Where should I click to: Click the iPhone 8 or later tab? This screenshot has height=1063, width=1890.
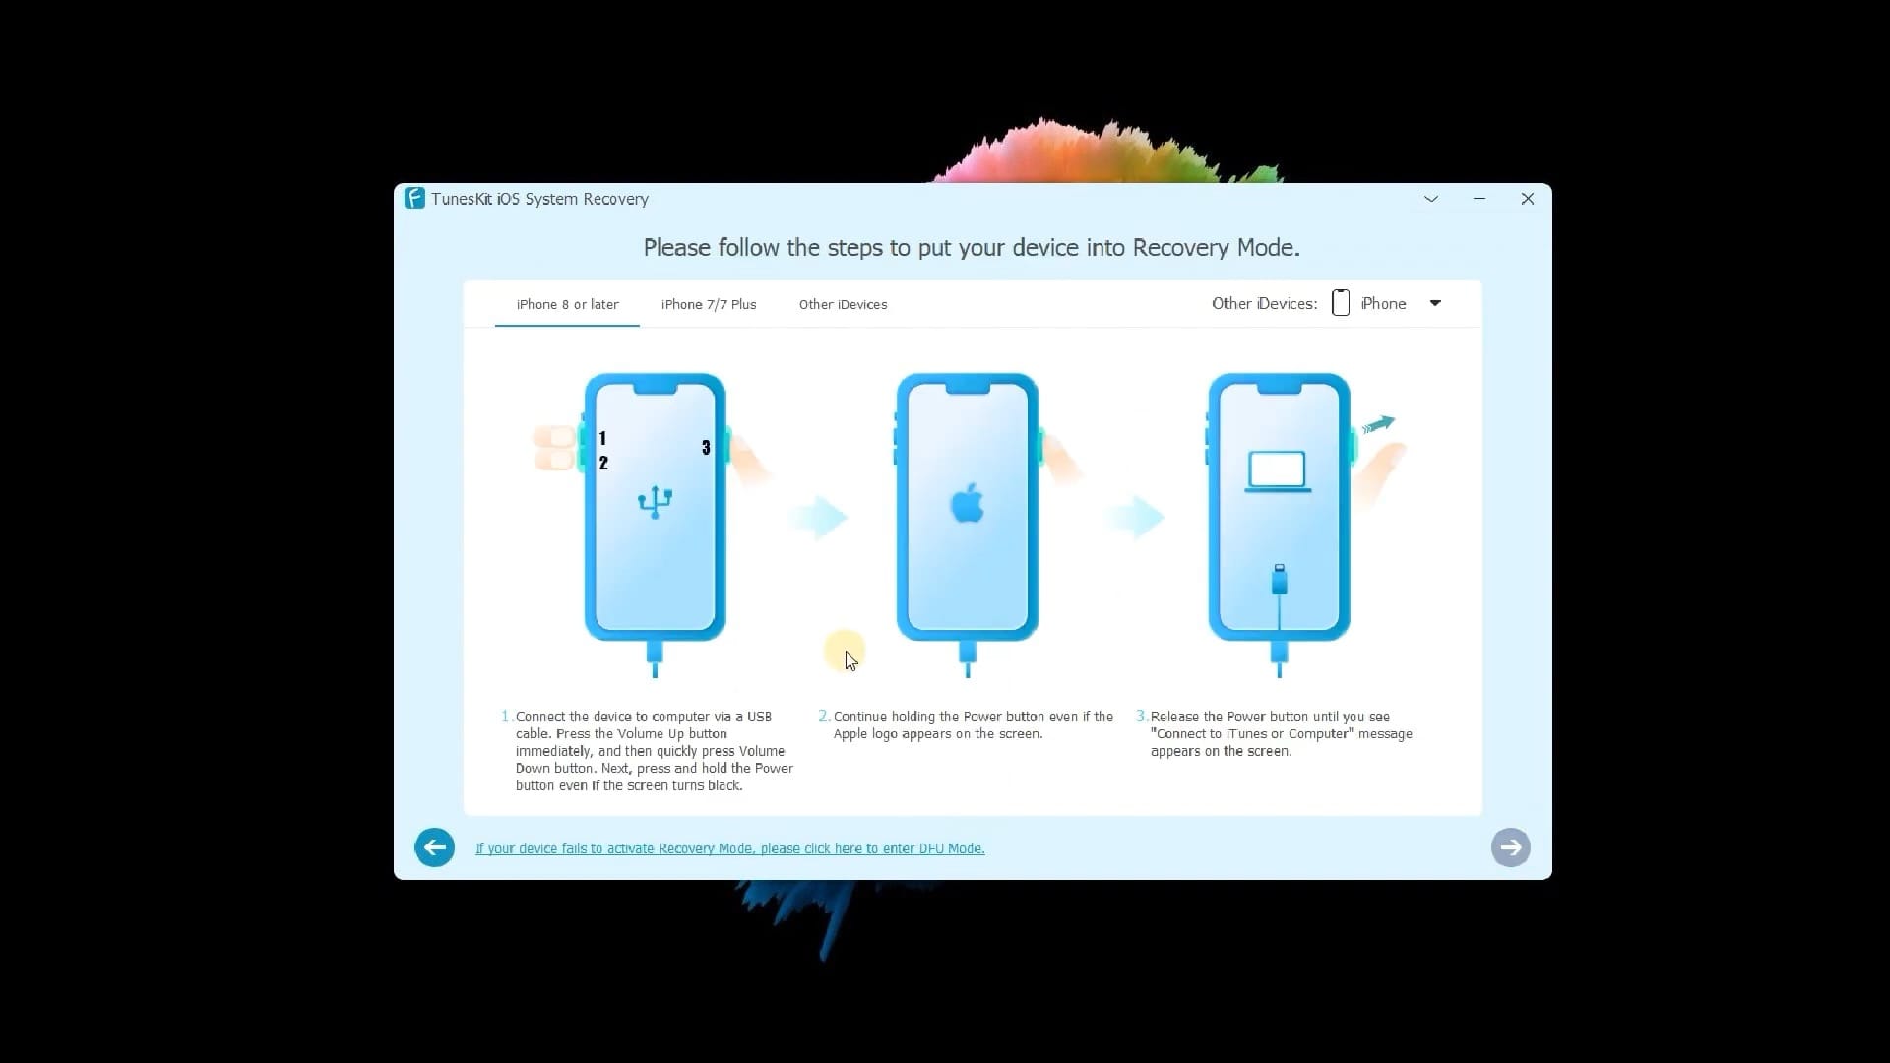pos(567,304)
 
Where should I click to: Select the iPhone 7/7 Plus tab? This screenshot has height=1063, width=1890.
pos(709,304)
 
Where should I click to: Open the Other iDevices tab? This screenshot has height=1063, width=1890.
pos(843,304)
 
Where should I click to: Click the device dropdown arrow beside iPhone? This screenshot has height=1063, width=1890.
pos(1435,303)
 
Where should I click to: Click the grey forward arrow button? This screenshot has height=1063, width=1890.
pos(1510,847)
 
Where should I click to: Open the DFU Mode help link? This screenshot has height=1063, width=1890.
pos(729,848)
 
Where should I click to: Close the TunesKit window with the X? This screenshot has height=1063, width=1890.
pos(1527,199)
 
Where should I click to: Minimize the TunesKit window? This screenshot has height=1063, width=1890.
pos(1479,199)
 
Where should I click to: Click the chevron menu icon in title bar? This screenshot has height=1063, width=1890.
pos(1431,199)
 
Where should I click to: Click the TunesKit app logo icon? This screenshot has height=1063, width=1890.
pos(414,198)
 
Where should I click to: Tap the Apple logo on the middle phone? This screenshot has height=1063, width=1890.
pos(967,503)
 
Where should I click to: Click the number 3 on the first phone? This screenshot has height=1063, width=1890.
pos(706,448)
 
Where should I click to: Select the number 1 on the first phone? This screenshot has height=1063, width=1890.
pos(602,438)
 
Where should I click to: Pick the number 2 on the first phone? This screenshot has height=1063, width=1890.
pos(603,463)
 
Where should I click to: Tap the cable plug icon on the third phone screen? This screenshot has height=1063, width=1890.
pos(1279,580)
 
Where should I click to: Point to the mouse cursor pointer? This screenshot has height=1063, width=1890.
pos(850,660)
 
